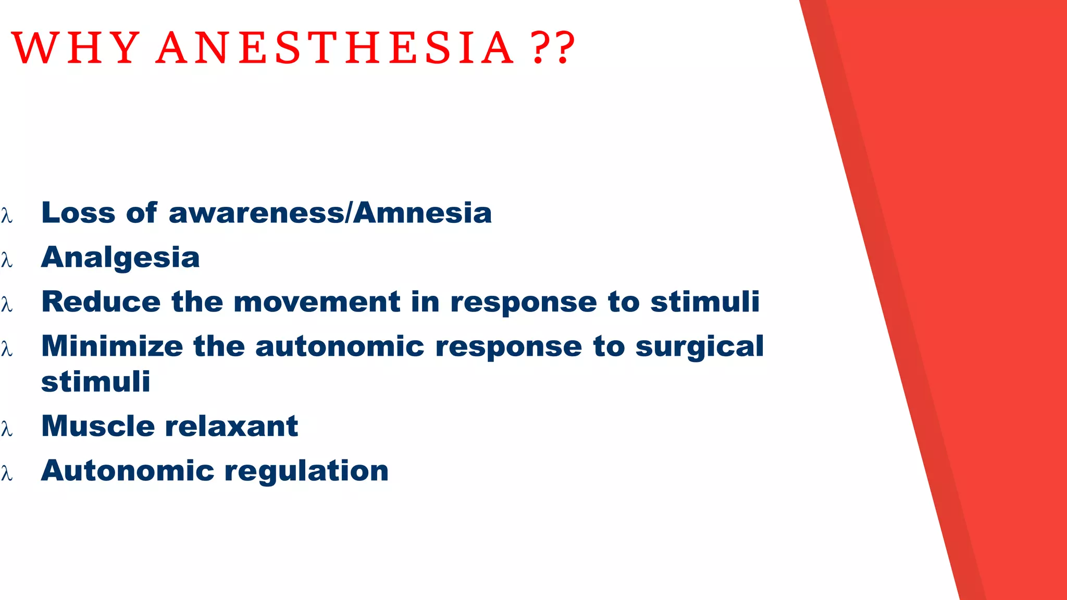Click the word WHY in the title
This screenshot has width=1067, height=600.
coord(76,48)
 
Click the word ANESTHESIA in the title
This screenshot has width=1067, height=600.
coord(335,48)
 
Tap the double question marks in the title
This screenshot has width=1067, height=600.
coord(553,48)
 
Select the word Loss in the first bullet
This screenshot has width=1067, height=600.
coord(78,213)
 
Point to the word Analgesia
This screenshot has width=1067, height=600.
coord(120,258)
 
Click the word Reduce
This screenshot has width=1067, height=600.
coord(101,302)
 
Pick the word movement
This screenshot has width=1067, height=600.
coord(317,302)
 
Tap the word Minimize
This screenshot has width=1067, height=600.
coord(112,346)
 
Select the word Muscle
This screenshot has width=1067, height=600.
coord(98,426)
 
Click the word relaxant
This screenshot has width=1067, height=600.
coord(231,426)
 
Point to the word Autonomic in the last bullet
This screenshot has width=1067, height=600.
coord(128,470)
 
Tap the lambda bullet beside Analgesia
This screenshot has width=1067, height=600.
coord(7,259)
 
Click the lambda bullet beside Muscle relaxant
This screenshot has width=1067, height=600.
coord(7,428)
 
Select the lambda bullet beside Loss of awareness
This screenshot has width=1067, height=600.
coord(7,215)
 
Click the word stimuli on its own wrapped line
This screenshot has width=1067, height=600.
coord(96,382)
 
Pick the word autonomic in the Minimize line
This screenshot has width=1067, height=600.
coord(340,346)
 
